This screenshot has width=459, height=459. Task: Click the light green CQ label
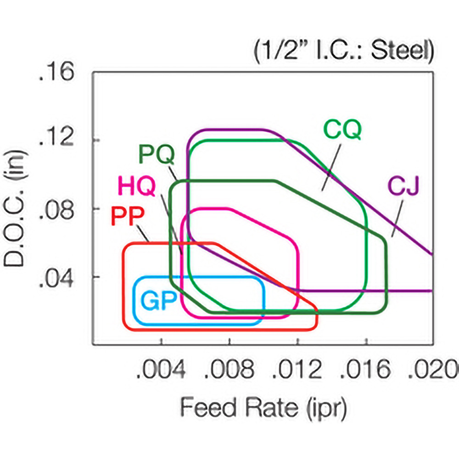click(x=342, y=129)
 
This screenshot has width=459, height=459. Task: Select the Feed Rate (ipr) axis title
click(x=263, y=406)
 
